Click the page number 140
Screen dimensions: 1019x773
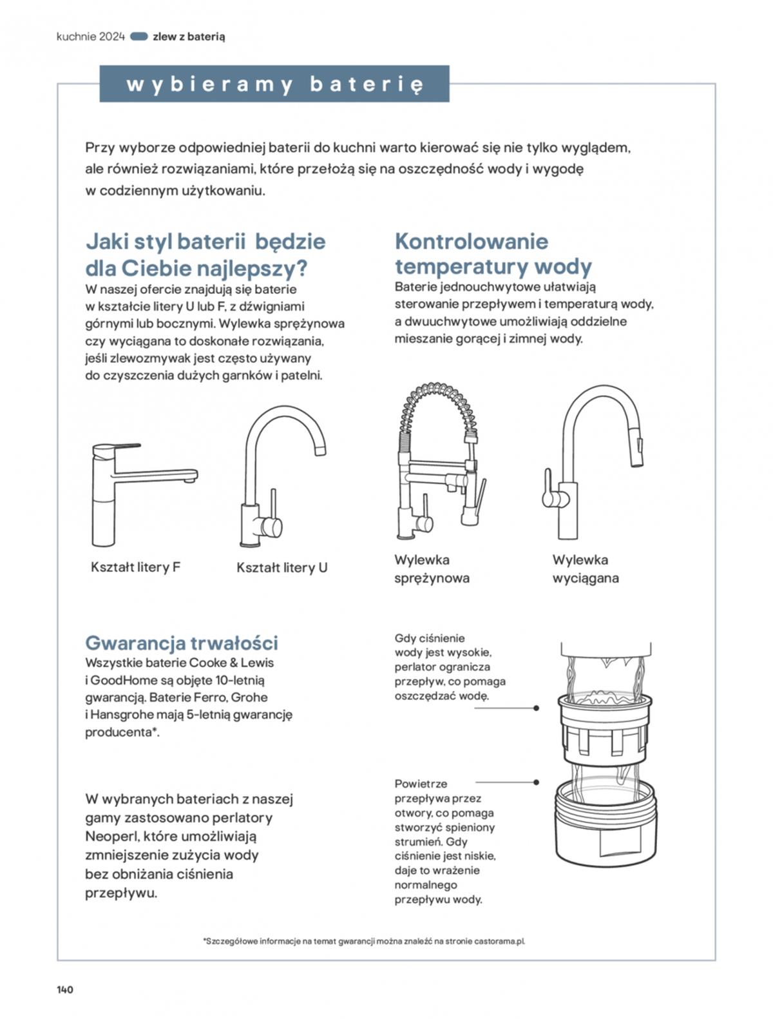[65, 989]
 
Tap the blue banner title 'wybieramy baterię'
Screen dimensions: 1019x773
[274, 84]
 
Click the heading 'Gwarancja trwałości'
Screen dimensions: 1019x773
[182, 643]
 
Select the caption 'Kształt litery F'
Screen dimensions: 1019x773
[135, 567]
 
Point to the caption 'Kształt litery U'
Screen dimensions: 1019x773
[282, 568]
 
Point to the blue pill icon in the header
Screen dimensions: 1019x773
[139, 37]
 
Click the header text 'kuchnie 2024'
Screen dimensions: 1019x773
[90, 37]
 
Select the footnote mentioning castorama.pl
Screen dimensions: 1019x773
[364, 941]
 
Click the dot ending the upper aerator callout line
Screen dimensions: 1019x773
[537, 708]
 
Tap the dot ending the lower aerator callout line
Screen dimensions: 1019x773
[537, 782]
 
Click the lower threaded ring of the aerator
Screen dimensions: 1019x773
[604, 825]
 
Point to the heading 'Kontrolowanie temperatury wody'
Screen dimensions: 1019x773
[493, 254]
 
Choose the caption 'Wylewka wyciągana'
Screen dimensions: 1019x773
[585, 569]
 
